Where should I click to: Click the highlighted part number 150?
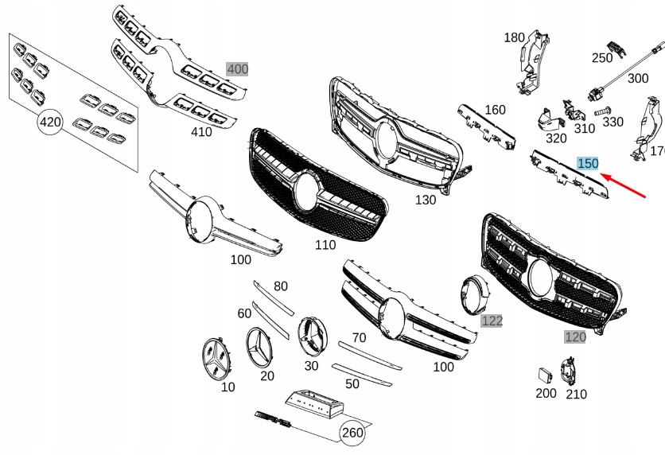click(x=588, y=163)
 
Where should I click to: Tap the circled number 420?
click(x=50, y=122)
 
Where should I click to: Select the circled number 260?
click(x=352, y=433)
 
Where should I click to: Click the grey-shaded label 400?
click(x=237, y=69)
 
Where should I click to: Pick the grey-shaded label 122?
click(x=492, y=320)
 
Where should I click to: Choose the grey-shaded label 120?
click(x=575, y=336)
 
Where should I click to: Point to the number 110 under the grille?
click(x=325, y=245)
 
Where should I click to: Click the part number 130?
click(x=426, y=200)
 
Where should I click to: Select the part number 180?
click(x=515, y=37)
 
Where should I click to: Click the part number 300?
click(x=638, y=78)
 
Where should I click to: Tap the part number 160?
click(x=495, y=110)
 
